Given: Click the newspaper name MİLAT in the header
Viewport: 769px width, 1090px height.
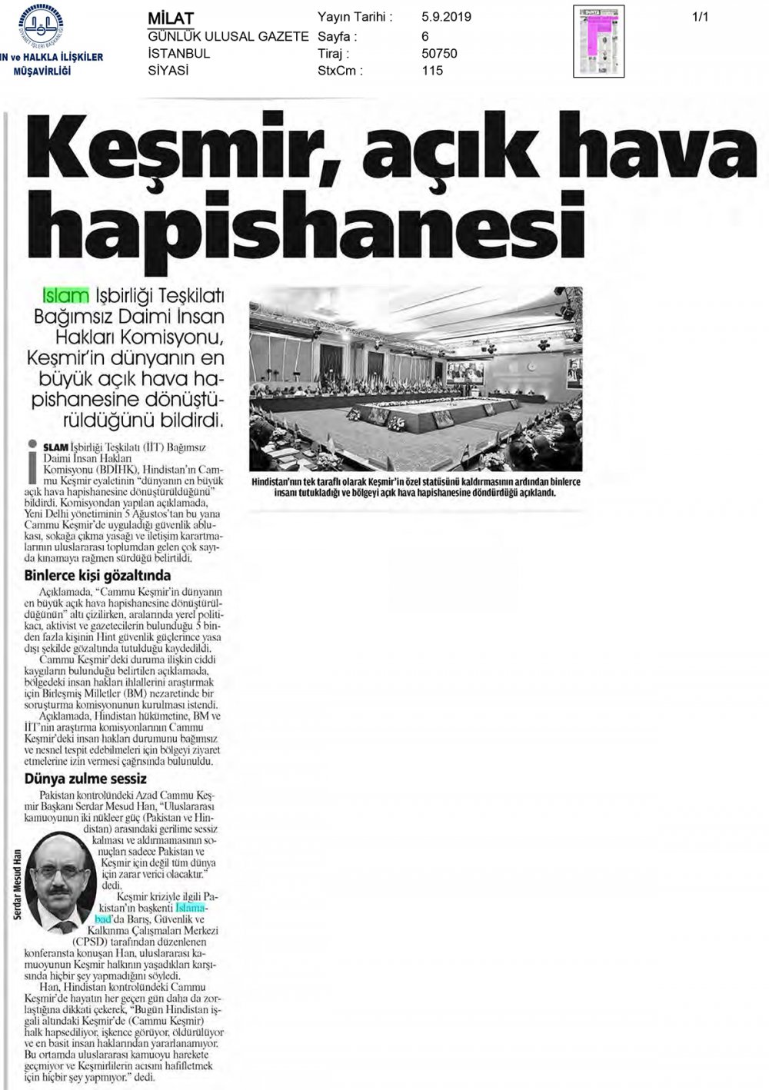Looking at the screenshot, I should [x=171, y=18].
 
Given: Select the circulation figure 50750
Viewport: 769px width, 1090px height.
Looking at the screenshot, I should [x=440, y=53].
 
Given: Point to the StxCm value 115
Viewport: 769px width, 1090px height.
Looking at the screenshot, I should [x=432, y=71].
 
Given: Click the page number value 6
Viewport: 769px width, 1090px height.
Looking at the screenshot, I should [x=425, y=35].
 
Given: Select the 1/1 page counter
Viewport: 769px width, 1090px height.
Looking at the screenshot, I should [x=700, y=15].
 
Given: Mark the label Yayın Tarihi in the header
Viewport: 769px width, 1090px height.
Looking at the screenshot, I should [x=355, y=17].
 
